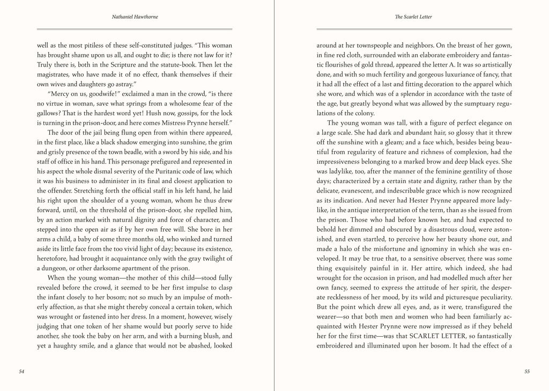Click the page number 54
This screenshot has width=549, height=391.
coord(21,371)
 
